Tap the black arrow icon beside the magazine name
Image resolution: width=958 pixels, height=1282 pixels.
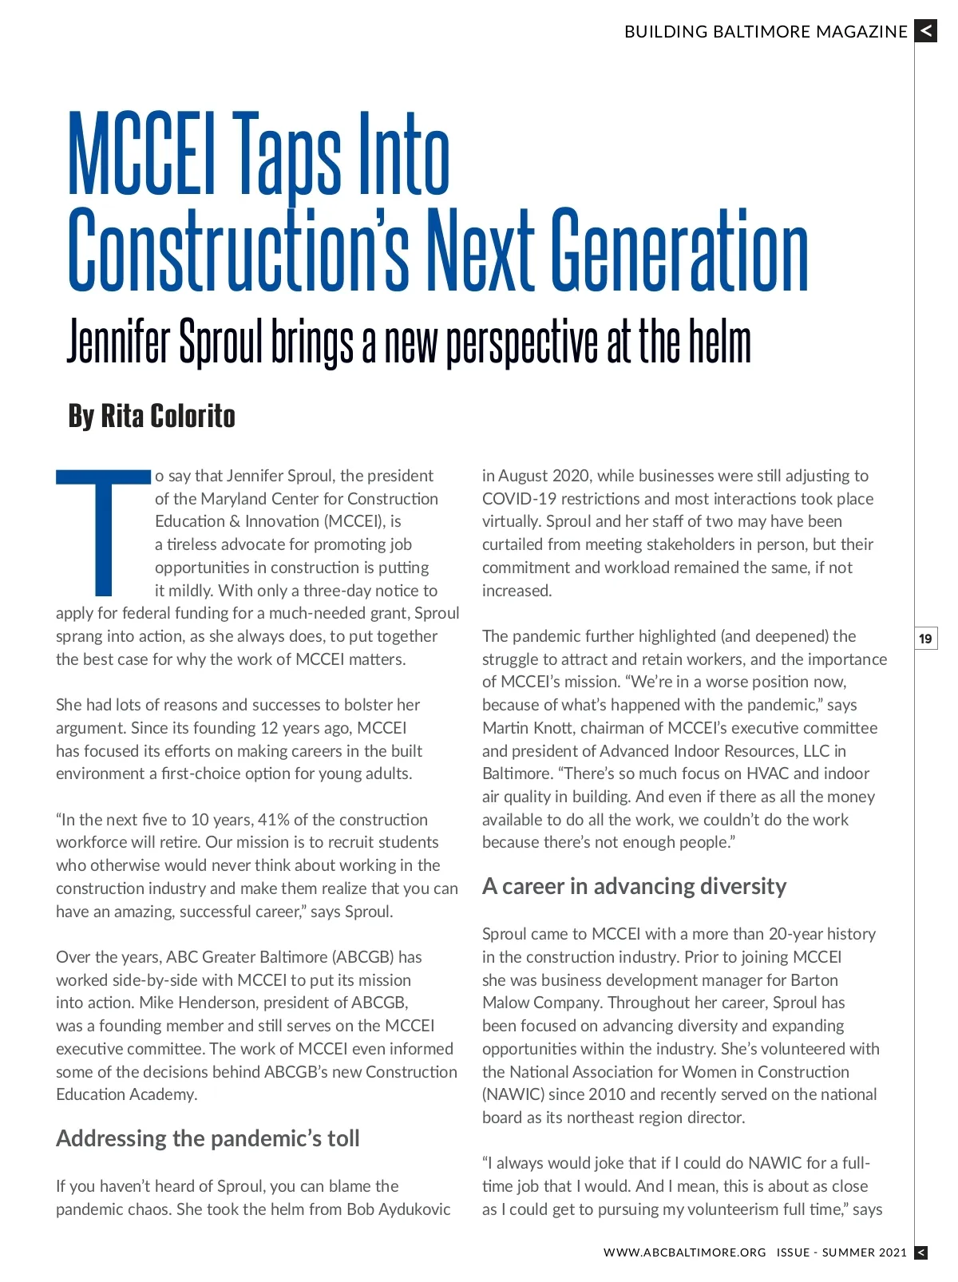click(925, 31)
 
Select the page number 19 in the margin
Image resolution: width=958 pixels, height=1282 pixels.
click(925, 639)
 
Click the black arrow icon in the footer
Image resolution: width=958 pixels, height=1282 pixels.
click(920, 1252)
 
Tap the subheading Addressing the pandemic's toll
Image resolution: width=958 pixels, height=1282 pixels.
click(208, 1138)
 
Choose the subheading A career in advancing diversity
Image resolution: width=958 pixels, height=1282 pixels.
click(634, 886)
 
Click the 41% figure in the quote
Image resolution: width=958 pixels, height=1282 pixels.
click(274, 820)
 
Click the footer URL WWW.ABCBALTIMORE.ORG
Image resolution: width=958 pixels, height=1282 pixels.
click(684, 1252)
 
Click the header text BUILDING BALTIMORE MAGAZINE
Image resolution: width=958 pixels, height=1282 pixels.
click(766, 32)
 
